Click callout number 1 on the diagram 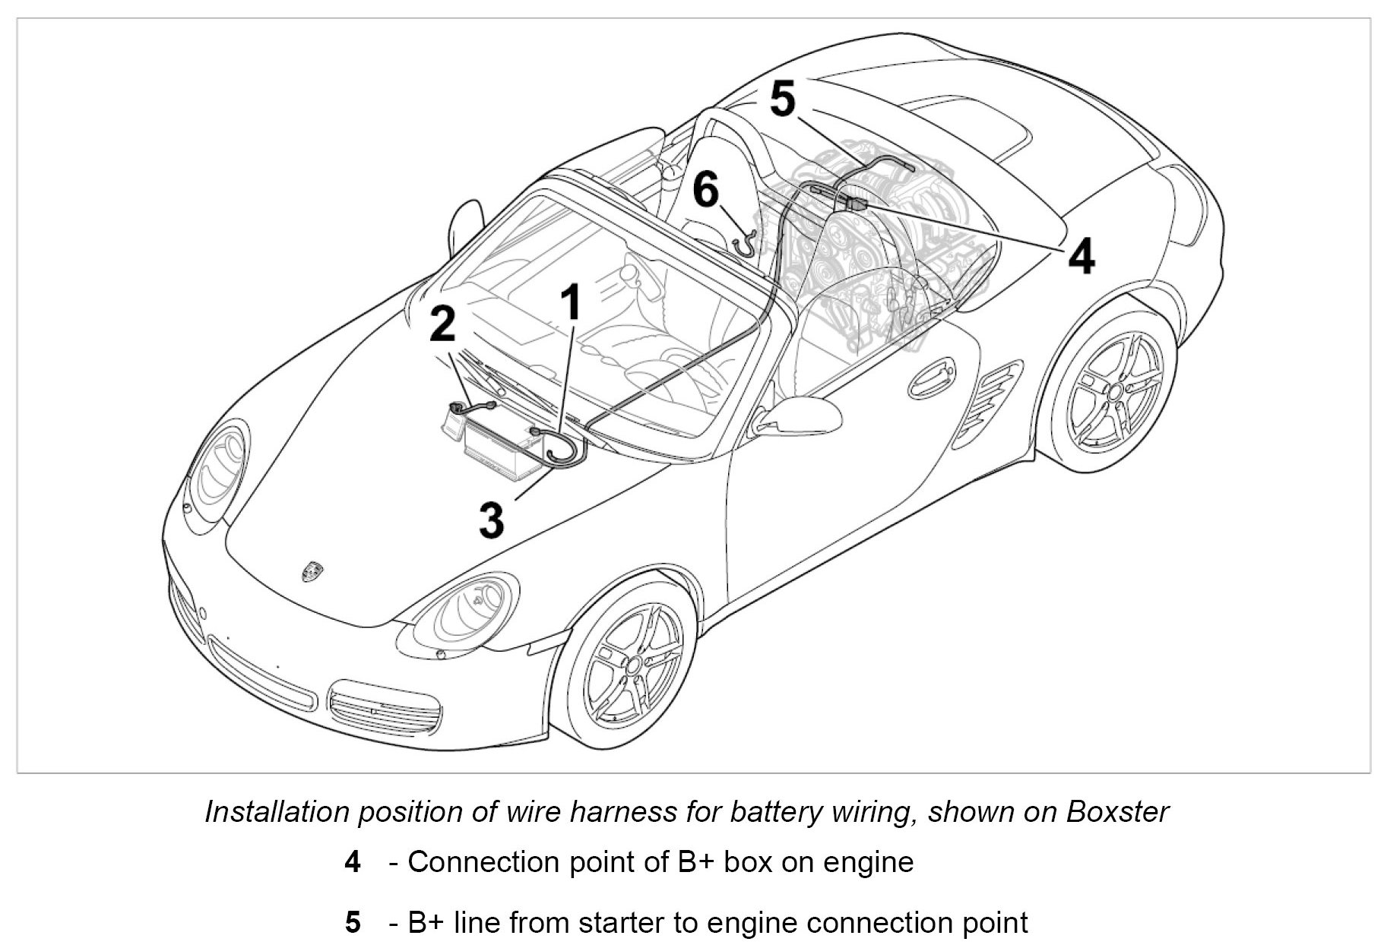(572, 302)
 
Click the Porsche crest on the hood (312, 570)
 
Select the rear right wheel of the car (1113, 392)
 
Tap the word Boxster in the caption (1117, 812)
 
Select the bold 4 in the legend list (352, 862)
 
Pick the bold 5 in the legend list (352, 922)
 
